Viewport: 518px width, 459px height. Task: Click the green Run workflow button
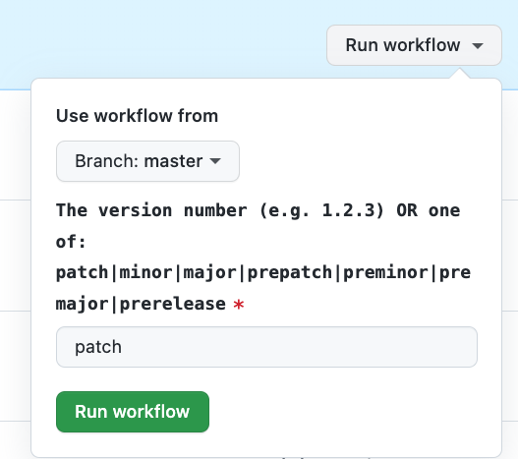(x=133, y=412)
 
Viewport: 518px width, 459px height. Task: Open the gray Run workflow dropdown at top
(x=414, y=45)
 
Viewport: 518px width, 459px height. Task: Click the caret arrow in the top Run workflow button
(x=478, y=45)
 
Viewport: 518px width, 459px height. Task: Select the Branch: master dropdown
(x=147, y=161)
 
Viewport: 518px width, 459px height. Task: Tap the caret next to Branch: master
(x=215, y=161)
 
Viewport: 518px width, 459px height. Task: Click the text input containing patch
(x=266, y=347)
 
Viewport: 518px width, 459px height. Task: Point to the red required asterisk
(x=239, y=305)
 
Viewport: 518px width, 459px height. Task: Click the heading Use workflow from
(x=137, y=116)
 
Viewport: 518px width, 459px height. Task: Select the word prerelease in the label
(x=172, y=305)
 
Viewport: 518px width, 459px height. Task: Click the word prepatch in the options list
(x=290, y=273)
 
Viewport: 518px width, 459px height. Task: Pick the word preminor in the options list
(x=385, y=273)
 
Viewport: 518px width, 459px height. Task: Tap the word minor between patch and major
(x=145, y=273)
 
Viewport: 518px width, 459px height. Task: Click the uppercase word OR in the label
(x=407, y=210)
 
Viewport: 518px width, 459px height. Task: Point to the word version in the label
(x=135, y=210)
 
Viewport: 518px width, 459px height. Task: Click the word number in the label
(x=215, y=210)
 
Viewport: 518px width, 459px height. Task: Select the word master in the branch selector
(x=173, y=161)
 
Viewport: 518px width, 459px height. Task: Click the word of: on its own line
(x=71, y=242)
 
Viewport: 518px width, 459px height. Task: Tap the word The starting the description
(x=72, y=210)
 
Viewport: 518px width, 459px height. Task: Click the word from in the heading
(x=198, y=116)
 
